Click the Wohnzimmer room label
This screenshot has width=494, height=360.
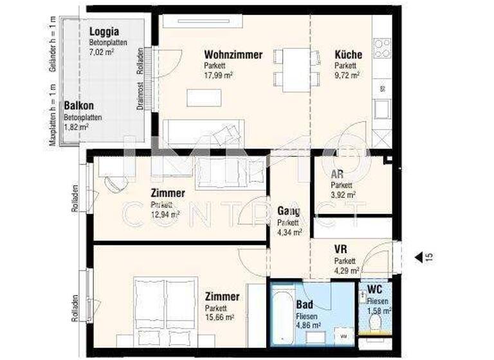pyautogui.click(x=233, y=55)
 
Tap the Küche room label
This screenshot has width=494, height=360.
pyautogui.click(x=348, y=55)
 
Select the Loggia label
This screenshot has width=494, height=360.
pyautogui.click(x=104, y=32)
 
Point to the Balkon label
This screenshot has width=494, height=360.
pyautogui.click(x=78, y=106)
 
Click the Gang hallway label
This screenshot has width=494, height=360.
pyautogui.click(x=289, y=211)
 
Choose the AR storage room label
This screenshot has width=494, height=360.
pyautogui.click(x=336, y=174)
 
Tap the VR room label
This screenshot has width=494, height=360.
pyautogui.click(x=341, y=249)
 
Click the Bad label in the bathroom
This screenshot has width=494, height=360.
pyautogui.click(x=304, y=305)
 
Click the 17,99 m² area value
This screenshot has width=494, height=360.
pyautogui.click(x=218, y=75)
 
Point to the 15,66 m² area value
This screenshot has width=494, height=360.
pyautogui.click(x=219, y=317)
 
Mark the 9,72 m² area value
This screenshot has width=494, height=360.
pyautogui.click(x=346, y=75)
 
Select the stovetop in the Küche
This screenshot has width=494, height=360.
pyautogui.click(x=382, y=48)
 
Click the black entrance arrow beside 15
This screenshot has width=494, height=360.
pyautogui.click(x=418, y=257)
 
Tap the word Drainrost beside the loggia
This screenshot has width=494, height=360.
pyautogui.click(x=140, y=96)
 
